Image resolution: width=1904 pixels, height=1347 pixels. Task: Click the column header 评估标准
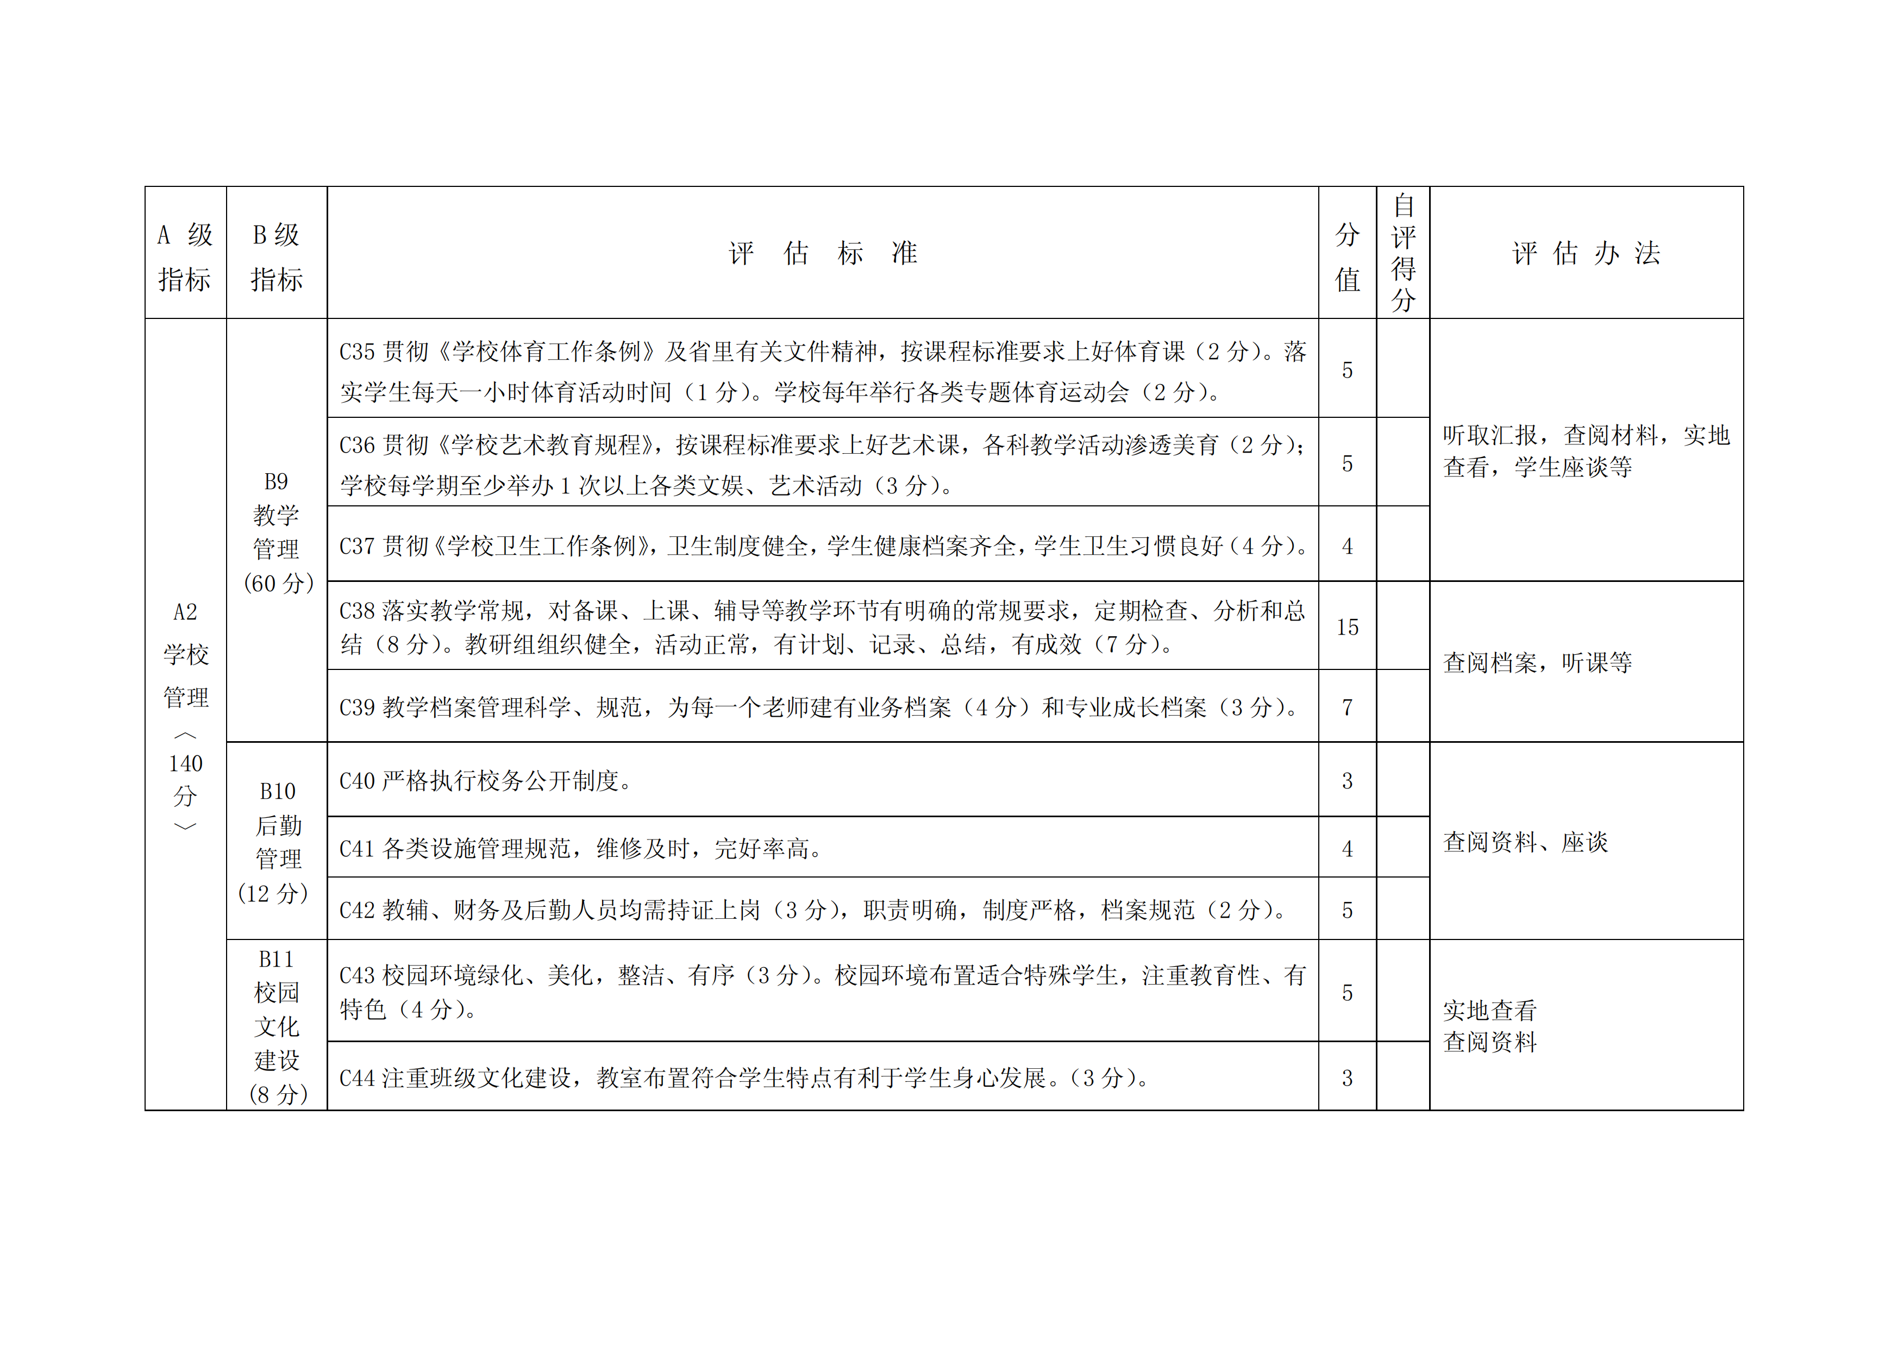(x=823, y=253)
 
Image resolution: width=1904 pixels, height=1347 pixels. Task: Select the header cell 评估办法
(x=1586, y=253)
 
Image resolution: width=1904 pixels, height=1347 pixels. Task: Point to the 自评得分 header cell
(x=1402, y=253)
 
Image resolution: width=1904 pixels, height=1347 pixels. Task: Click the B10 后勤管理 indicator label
(x=277, y=842)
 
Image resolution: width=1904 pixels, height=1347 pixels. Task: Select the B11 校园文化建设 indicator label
(x=277, y=1026)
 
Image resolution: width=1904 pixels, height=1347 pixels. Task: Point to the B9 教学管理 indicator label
(x=277, y=531)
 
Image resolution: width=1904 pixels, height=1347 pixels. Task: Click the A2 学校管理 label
(x=186, y=654)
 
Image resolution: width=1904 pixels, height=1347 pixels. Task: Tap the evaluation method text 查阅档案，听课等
(x=1537, y=663)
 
